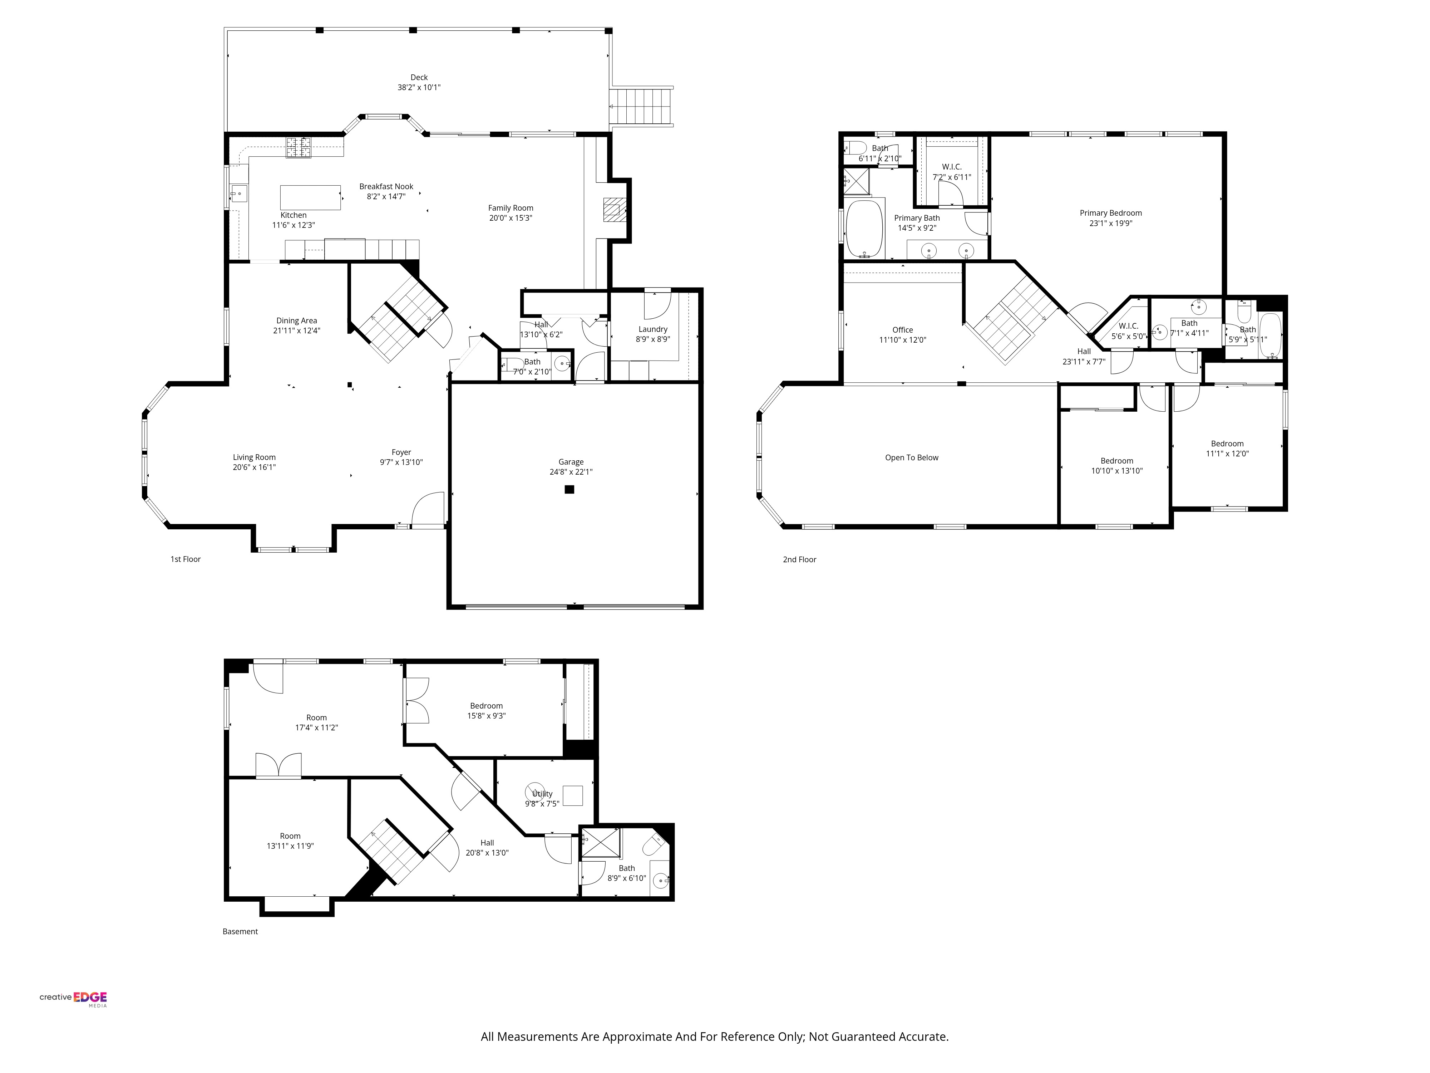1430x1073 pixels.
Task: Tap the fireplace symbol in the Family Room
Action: tap(612, 210)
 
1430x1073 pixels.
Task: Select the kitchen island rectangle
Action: tap(310, 198)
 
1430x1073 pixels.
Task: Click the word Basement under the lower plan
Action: tap(240, 931)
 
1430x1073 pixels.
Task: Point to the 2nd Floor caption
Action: tap(800, 559)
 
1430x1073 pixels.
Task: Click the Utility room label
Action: tap(542, 794)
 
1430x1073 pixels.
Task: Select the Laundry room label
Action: tap(653, 329)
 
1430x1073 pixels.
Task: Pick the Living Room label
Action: tap(254, 457)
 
